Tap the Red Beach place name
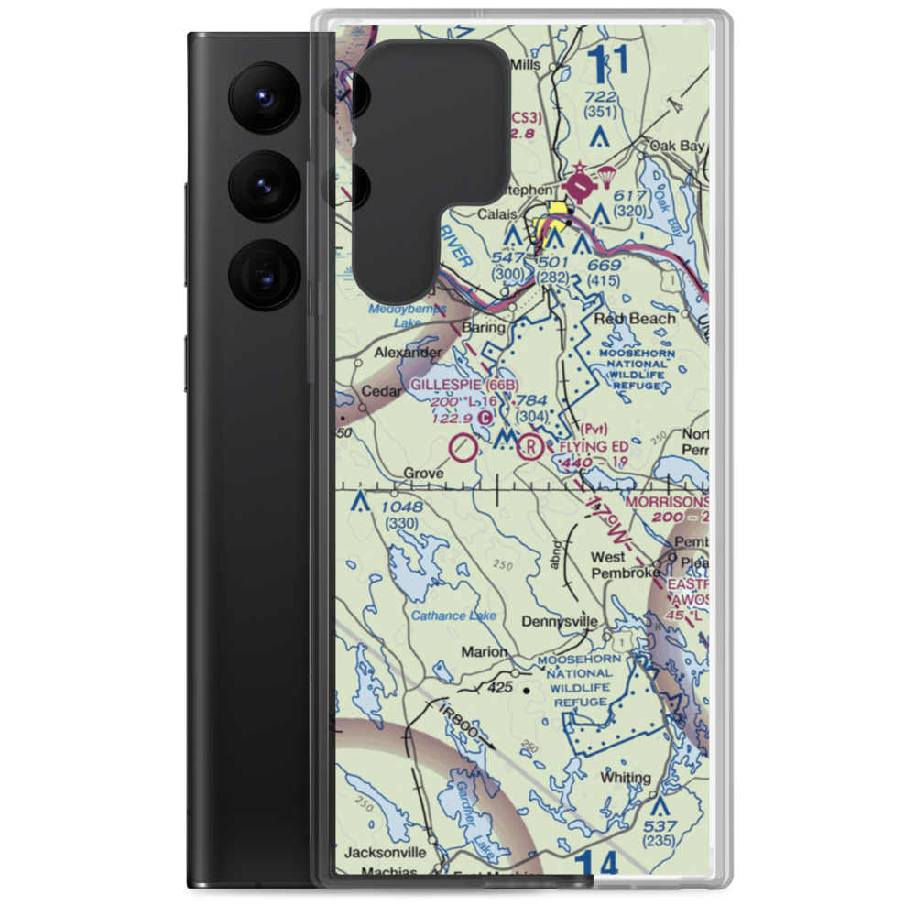click(635, 319)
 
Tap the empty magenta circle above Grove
click(464, 448)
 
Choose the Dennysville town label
click(559, 621)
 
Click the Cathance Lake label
click(453, 616)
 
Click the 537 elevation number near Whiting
click(659, 826)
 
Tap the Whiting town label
click(626, 778)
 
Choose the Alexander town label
click(407, 352)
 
